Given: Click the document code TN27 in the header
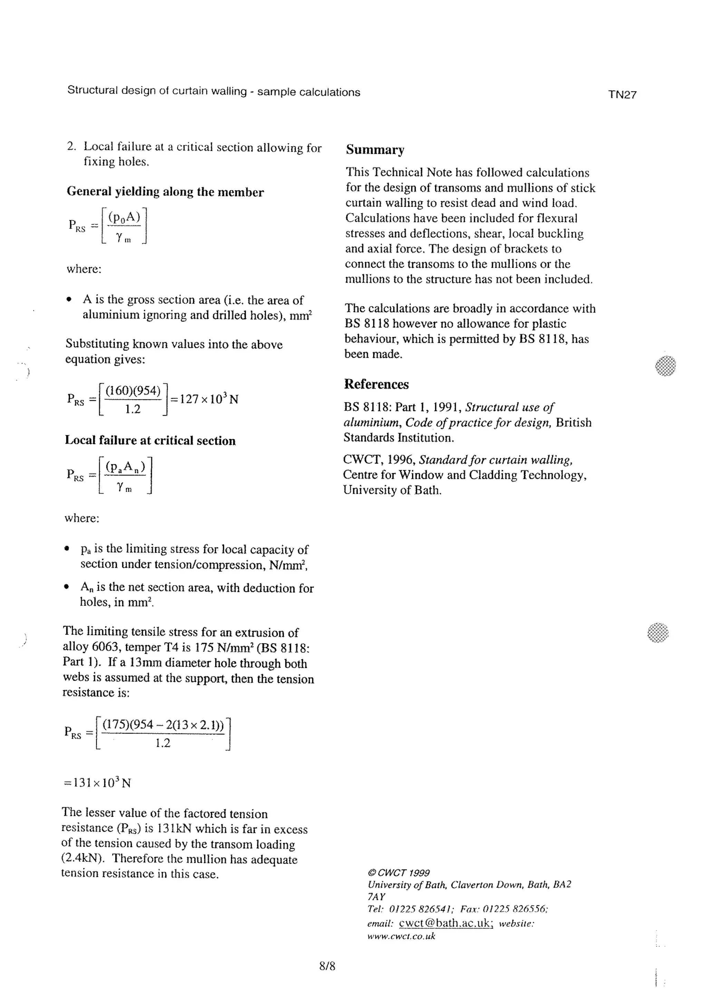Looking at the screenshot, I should coord(622,95).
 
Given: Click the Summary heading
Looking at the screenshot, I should coord(375,150).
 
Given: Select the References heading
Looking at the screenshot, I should coord(376,384).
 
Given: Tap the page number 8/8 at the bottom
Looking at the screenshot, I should coord(327,966).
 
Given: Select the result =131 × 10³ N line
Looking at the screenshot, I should coord(97,783).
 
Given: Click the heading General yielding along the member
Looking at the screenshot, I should coord(165,192).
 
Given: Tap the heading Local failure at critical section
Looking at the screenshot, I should coord(150,441).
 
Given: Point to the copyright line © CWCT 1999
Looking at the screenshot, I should coord(398,873).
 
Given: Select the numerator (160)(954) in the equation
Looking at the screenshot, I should coord(133,390).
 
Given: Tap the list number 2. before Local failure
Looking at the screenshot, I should coord(71,147).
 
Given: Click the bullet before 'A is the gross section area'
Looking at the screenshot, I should coord(68,300).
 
